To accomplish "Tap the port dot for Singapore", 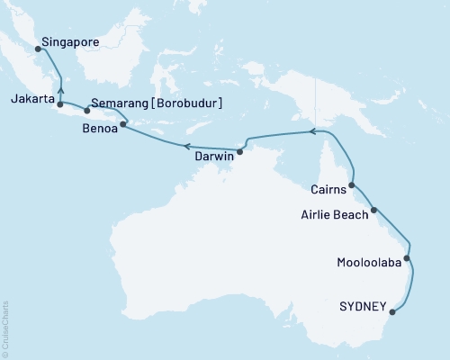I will tap(38, 50).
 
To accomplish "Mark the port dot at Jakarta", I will tap(59, 105).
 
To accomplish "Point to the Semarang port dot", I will tap(86, 111).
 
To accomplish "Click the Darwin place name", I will tap(214, 156).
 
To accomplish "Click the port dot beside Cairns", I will tap(351, 185).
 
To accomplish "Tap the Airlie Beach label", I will tap(332, 215).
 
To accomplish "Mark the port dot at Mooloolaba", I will tap(407, 259).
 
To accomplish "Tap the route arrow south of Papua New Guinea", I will tap(312, 131).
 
